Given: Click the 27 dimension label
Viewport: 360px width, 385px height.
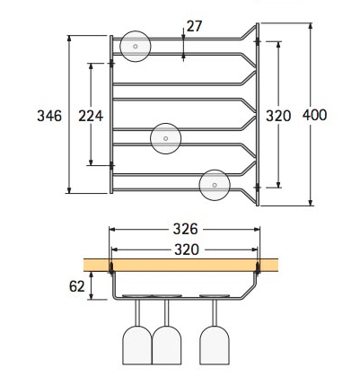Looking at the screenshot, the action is coord(194,26).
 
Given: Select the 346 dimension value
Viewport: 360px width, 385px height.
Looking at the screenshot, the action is coord(49,116).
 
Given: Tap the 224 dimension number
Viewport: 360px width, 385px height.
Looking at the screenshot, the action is coord(91,116).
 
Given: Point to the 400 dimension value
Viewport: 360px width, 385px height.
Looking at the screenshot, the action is coord(314,115).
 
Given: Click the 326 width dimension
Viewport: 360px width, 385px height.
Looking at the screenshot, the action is coord(186,229).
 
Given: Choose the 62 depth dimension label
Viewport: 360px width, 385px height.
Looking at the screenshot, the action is coord(77,286).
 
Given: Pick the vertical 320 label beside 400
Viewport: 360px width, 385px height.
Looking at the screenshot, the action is coord(278,116).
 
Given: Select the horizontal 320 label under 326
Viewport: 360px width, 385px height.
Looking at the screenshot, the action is coord(187,249).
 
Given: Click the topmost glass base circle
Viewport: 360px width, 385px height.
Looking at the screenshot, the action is coord(136,47).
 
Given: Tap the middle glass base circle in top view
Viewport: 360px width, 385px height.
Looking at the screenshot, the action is coord(166,138).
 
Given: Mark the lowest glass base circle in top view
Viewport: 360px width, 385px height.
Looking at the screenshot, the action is coord(215,185).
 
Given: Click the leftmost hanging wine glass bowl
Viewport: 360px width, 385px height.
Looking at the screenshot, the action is coord(137,346).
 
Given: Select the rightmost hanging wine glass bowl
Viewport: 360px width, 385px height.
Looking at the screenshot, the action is coord(215,346).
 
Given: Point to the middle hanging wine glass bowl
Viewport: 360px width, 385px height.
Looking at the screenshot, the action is coord(167,346).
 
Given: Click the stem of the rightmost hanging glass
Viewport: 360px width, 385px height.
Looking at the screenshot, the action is coord(215,312).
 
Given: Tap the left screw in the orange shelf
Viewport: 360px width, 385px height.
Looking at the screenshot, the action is coord(111,267).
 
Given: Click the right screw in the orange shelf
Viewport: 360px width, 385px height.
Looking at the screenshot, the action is coord(258,267).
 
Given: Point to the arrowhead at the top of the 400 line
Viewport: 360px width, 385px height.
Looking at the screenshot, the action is coord(311,26).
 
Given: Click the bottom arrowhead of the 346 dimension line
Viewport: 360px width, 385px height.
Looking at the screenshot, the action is coord(69,190).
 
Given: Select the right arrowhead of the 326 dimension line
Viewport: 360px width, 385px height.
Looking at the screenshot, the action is coord(257,230).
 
